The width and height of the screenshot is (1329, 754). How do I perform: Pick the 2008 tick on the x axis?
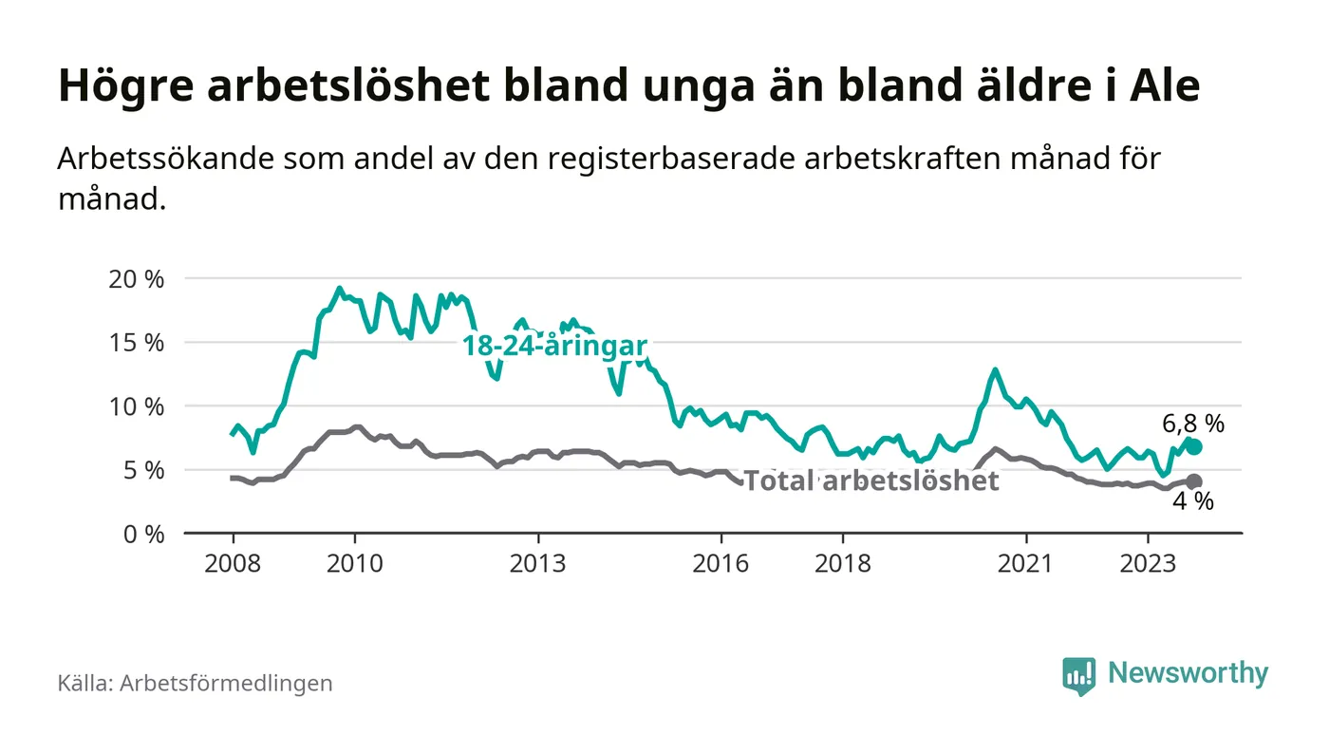pos(233,562)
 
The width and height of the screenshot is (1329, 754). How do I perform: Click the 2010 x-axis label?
pos(354,562)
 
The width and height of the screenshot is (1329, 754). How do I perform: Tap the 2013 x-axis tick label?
pos(538,562)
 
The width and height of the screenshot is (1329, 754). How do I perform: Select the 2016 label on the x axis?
pos(721,562)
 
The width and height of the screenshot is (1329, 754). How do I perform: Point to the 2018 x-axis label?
pos(843,562)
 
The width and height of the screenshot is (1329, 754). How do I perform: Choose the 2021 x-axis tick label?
pos(1026,562)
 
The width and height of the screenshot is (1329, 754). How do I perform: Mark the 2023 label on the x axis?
pos(1149,562)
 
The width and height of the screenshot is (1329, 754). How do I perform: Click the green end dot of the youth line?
pos(1193,446)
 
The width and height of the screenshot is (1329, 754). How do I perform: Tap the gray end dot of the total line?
pos(1193,481)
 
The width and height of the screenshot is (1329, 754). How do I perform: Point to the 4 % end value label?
pos(1193,502)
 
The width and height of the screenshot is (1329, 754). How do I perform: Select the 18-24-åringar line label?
pos(554,346)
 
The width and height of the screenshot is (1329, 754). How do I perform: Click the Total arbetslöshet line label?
pos(870,481)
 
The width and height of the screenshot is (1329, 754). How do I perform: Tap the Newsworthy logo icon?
pos(1078,675)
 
